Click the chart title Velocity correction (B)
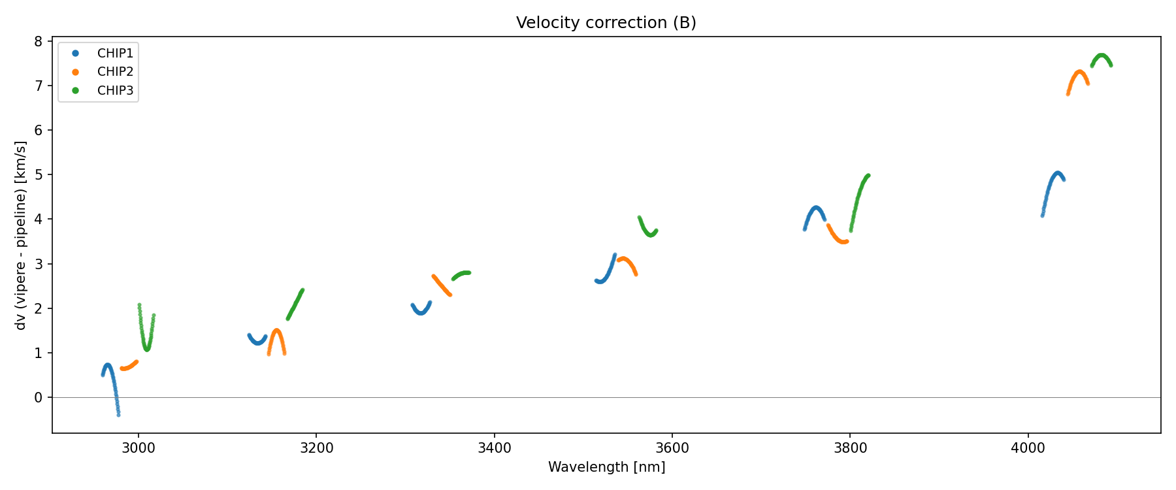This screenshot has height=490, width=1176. point(606,23)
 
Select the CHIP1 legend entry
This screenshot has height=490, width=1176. point(115,54)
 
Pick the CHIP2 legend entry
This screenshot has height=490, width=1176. point(115,72)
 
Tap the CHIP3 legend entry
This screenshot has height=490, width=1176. point(115,91)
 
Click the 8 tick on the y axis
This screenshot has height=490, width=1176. point(39,42)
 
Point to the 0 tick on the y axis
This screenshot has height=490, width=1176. point(39,397)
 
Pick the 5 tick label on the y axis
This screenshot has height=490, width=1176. point(39,175)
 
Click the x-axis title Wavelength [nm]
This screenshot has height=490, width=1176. point(606,467)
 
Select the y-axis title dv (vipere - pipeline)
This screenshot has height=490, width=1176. point(21,235)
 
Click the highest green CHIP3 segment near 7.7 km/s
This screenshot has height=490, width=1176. point(1102,56)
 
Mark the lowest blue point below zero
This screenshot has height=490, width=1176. point(118,414)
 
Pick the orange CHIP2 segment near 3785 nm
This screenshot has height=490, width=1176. point(838,238)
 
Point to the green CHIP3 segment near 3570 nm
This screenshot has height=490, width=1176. point(647,231)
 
